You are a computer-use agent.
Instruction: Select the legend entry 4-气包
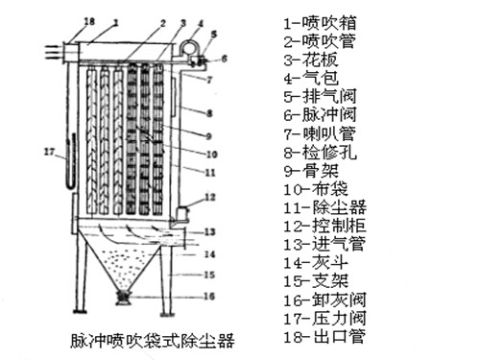[314, 70]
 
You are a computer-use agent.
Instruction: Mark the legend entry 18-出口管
[327, 337]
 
